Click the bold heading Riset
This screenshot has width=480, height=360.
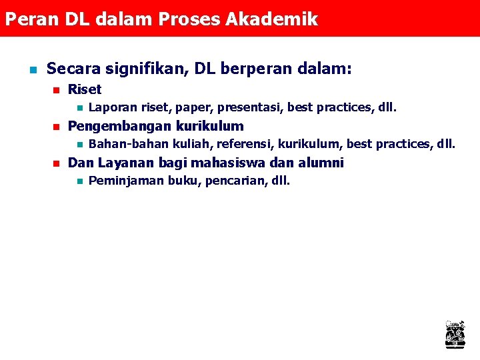(85, 89)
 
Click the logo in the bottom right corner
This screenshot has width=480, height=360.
(455, 334)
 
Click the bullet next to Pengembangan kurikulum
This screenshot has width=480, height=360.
(56, 127)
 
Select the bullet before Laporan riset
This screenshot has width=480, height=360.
(78, 107)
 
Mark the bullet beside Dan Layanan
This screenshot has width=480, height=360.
(56, 163)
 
